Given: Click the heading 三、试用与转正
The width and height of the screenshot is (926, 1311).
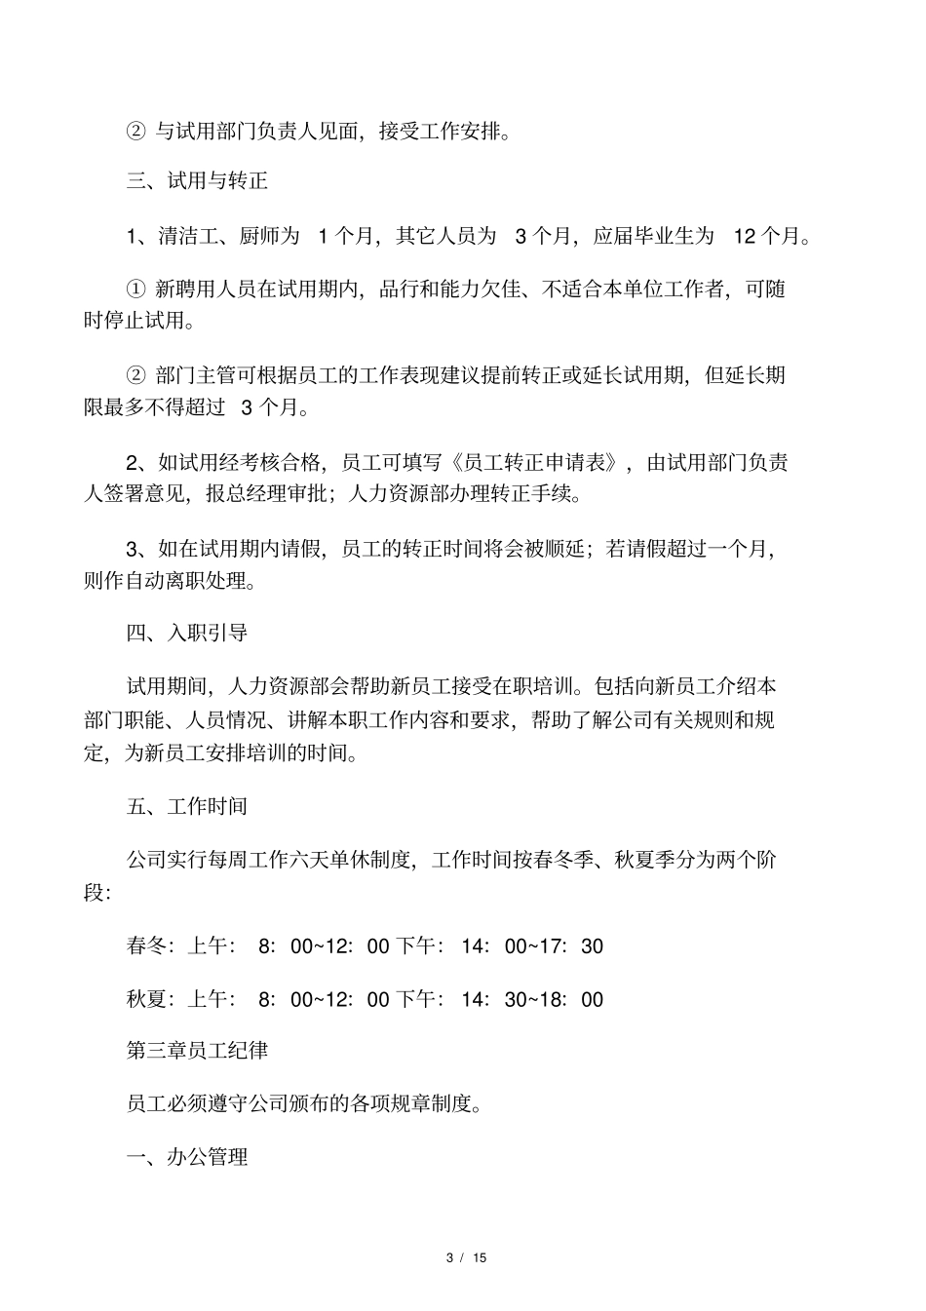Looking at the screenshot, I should tap(197, 181).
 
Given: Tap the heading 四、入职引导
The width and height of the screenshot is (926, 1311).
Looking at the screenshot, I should tap(187, 633).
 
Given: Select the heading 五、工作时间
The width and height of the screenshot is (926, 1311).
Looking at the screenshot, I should tap(187, 806).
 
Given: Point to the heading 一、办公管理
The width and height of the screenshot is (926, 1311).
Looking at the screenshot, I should tap(187, 1157).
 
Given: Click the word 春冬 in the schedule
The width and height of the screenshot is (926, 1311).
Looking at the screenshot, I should tap(146, 945).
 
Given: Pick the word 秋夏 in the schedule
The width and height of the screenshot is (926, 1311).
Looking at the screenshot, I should tap(146, 999).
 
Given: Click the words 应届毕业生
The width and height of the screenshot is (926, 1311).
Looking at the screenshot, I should tap(642, 236).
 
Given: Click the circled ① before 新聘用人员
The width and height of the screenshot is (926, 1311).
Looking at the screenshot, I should tap(135, 289).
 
